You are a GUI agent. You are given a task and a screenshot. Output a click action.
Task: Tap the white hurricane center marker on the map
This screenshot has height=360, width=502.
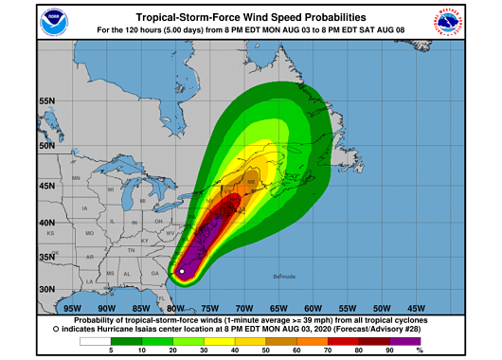click(182, 272)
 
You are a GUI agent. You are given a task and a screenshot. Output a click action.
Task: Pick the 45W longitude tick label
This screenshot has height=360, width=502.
click(415, 308)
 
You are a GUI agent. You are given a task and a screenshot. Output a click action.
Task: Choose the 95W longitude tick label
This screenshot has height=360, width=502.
click(71, 308)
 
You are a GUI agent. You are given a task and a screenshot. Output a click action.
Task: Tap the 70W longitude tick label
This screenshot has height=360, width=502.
click(243, 308)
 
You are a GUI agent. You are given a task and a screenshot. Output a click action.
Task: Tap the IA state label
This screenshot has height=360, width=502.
click(85, 207)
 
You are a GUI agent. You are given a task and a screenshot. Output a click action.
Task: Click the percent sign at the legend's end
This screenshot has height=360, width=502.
click(419, 351)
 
